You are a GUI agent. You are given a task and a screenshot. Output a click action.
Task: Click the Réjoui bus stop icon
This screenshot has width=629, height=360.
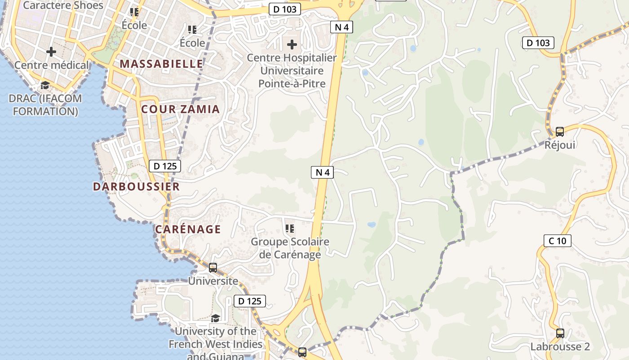[x=560, y=132]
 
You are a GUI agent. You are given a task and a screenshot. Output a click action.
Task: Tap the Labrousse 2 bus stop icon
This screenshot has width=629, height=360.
[x=560, y=333]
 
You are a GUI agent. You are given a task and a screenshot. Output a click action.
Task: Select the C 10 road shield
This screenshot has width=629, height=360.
[x=558, y=241]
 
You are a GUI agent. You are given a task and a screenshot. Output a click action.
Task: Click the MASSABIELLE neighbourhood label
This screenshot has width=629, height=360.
[x=162, y=64]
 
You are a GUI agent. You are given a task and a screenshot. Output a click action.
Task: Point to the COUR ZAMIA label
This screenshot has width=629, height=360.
[x=181, y=109]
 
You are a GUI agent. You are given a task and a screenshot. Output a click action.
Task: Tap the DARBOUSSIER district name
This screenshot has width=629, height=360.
[x=136, y=187]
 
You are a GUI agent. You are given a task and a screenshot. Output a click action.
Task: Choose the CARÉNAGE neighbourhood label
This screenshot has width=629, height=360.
[x=188, y=229]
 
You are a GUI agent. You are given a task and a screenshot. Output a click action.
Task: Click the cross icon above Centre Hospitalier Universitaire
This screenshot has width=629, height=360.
[x=292, y=45]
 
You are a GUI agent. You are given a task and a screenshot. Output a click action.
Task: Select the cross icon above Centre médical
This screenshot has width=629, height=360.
[x=51, y=52]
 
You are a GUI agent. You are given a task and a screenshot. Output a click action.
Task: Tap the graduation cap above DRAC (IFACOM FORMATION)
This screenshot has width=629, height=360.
[x=45, y=85]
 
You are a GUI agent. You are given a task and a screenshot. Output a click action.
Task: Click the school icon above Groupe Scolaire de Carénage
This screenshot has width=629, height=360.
[x=290, y=229]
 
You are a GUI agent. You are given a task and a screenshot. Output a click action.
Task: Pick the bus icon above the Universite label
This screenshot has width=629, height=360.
[x=213, y=268]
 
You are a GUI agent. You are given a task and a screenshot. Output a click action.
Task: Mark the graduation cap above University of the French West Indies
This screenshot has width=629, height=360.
[x=216, y=319]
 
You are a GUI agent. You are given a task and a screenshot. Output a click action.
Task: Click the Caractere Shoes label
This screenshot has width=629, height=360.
[x=63, y=5]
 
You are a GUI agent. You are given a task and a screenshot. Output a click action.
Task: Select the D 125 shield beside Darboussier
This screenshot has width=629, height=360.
[x=165, y=166]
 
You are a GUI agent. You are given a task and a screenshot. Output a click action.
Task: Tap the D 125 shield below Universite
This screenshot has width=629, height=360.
[x=250, y=301]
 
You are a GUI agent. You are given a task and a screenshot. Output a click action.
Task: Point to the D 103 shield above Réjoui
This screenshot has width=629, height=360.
[x=538, y=43]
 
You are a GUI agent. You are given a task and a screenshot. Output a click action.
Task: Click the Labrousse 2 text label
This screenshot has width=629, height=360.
[x=560, y=347]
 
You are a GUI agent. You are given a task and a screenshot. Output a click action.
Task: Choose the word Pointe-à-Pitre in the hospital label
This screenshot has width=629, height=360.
[x=292, y=84]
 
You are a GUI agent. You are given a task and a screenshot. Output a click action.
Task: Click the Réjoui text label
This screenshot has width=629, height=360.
[x=560, y=145]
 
